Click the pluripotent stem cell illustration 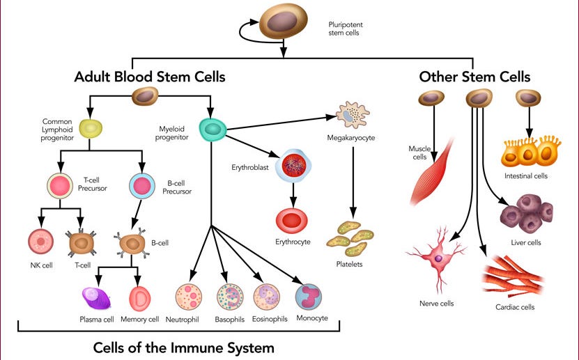[283, 22]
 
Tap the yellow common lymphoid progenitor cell [91, 128]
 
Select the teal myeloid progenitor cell [213, 130]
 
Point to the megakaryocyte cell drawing [353, 115]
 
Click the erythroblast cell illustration [293, 166]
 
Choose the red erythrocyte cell [292, 221]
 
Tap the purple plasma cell [96, 298]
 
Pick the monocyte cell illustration [309, 297]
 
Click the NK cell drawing [41, 242]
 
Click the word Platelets [349, 264]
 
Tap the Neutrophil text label [182, 320]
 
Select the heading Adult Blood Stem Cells [150, 77]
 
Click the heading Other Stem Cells [474, 77]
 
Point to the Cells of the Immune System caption [183, 348]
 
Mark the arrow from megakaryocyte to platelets [353, 183]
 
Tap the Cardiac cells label [515, 307]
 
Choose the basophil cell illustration [230, 297]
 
